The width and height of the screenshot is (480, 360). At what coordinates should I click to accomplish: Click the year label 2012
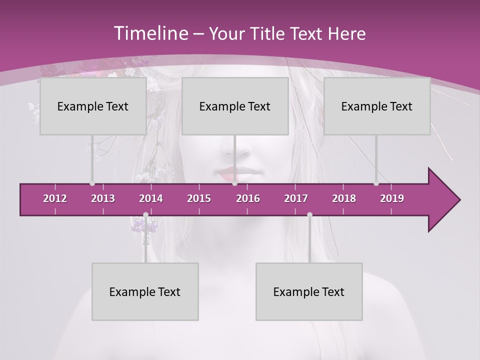point(55,198)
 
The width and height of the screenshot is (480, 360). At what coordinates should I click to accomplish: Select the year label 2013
point(103,198)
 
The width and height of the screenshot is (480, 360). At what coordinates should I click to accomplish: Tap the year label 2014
point(151,198)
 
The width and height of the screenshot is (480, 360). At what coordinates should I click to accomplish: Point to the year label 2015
point(199,198)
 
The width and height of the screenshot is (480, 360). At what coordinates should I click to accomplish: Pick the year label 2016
point(248,198)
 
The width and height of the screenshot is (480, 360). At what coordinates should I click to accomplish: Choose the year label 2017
point(296,198)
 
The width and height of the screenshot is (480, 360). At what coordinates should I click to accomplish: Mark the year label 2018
point(344,198)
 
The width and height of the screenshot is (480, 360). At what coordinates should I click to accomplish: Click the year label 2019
point(392,198)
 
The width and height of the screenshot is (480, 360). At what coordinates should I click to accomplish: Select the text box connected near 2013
point(93,106)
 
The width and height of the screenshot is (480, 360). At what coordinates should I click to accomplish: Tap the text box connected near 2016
point(235,106)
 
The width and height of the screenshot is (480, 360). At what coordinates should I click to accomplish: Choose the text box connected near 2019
point(377,106)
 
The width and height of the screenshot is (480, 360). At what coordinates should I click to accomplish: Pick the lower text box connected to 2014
point(145,291)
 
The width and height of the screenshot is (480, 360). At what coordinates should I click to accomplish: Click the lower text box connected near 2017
point(309,291)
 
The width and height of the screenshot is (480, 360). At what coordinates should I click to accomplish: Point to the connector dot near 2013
point(92,183)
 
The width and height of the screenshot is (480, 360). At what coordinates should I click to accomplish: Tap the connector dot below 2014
point(145,215)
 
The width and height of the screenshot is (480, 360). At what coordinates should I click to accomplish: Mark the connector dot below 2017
point(309,215)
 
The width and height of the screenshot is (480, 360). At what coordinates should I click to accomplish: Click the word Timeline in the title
point(150,33)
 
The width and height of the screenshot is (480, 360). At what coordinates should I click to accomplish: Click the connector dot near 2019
point(376,183)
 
